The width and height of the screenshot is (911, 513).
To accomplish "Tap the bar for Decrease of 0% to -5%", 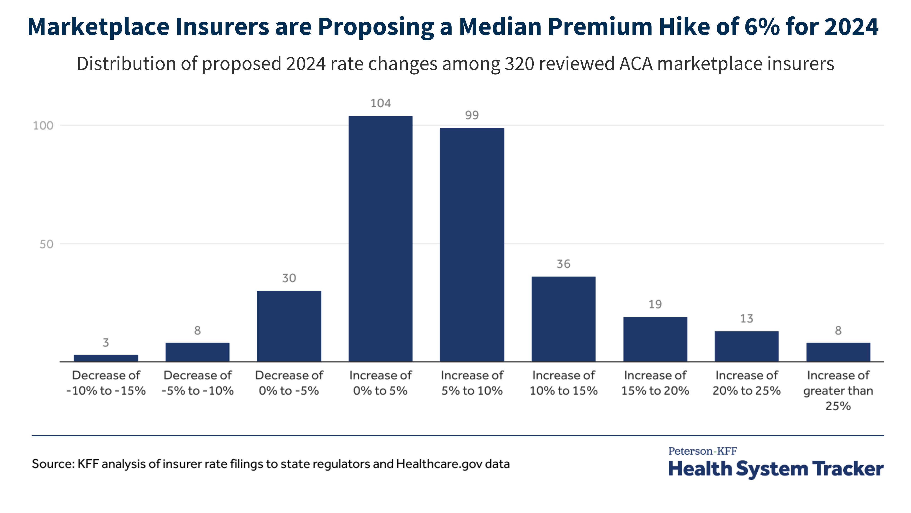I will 289,326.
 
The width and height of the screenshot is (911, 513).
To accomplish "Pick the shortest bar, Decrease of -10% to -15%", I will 106,358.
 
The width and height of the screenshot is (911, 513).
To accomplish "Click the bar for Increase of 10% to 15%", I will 563,319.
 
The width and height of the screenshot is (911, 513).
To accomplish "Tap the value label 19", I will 655,304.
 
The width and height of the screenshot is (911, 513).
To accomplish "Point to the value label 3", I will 106,342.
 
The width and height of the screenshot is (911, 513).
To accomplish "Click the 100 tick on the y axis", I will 43,125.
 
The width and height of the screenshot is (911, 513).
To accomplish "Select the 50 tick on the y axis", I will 46,244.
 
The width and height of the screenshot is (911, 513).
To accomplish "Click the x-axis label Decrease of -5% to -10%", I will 197,383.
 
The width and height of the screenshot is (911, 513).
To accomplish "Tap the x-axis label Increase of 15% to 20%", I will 655,383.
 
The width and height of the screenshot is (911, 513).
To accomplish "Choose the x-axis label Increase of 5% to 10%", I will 472,383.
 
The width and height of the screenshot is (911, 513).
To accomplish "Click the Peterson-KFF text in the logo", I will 702,451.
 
